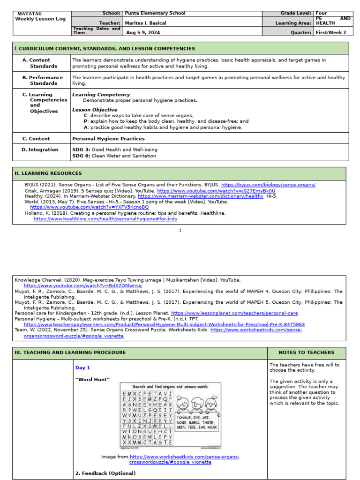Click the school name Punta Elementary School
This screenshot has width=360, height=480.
(155, 14)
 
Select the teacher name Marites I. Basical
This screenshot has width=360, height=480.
(145, 23)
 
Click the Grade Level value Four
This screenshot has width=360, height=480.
(322, 14)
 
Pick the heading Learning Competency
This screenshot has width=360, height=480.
(101, 95)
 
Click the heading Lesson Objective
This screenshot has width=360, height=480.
(95, 110)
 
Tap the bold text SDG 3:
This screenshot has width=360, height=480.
(81, 150)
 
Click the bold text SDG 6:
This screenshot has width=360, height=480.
(81, 156)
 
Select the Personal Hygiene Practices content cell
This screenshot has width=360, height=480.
(108, 139)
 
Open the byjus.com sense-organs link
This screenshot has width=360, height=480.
(268, 185)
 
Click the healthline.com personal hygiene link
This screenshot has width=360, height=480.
(105, 218)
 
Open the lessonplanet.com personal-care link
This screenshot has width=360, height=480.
(234, 313)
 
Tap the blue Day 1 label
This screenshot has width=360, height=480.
(82, 368)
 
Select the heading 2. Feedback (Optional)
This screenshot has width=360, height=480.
(105, 473)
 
